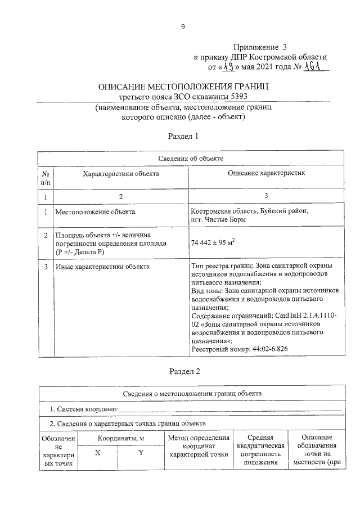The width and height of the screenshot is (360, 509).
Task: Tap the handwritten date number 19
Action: (x=228, y=67)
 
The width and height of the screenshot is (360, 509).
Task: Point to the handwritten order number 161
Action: (x=314, y=67)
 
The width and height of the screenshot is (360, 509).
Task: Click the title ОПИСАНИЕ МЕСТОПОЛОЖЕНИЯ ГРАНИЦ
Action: (x=184, y=87)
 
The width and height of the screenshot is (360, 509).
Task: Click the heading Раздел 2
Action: (x=184, y=371)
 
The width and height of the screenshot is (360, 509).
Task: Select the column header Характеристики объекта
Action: (x=121, y=174)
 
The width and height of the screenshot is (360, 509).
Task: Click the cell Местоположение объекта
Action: (x=95, y=212)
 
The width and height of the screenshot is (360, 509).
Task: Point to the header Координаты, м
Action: (x=119, y=437)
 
